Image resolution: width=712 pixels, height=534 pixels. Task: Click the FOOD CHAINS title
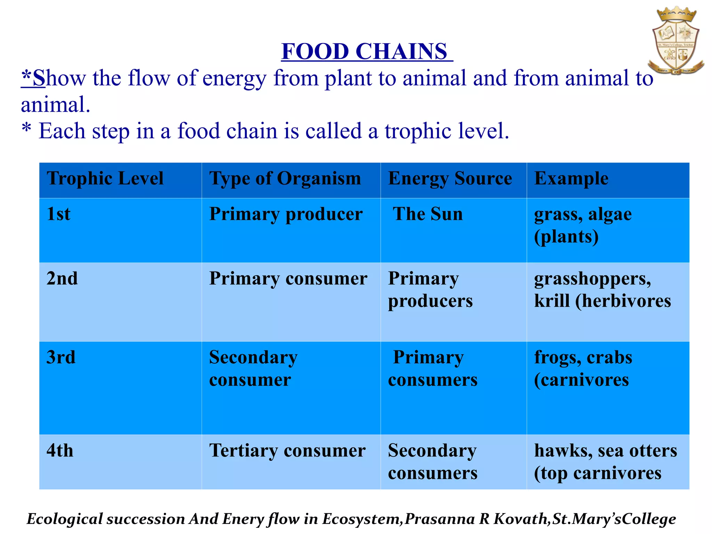[366, 51]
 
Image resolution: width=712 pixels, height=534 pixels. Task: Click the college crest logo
[676, 41]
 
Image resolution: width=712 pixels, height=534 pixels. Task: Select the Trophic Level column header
[105, 179]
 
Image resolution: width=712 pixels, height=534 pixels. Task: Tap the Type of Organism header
[285, 179]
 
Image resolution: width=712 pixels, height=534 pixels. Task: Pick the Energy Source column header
[450, 179]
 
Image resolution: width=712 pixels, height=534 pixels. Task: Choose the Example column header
[571, 179]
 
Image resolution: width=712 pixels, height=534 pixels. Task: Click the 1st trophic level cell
[58, 214]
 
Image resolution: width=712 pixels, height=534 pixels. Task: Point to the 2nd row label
[62, 278]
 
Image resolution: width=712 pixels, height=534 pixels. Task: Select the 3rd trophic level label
[61, 357]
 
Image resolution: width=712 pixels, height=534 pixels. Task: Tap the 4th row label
[60, 451]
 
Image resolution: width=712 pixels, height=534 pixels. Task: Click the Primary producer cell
[286, 214]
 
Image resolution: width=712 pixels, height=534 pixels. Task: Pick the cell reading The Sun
[428, 214]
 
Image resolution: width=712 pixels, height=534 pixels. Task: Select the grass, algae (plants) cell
[583, 225]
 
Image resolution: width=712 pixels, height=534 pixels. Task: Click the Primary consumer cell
[288, 279]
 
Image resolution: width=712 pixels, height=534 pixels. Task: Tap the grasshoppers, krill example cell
[602, 290]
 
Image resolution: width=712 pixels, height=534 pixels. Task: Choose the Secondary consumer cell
[253, 369]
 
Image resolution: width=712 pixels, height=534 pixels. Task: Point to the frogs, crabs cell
[583, 369]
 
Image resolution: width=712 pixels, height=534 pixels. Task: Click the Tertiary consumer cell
[287, 451]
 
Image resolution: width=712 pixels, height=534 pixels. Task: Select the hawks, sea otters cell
[605, 462]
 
